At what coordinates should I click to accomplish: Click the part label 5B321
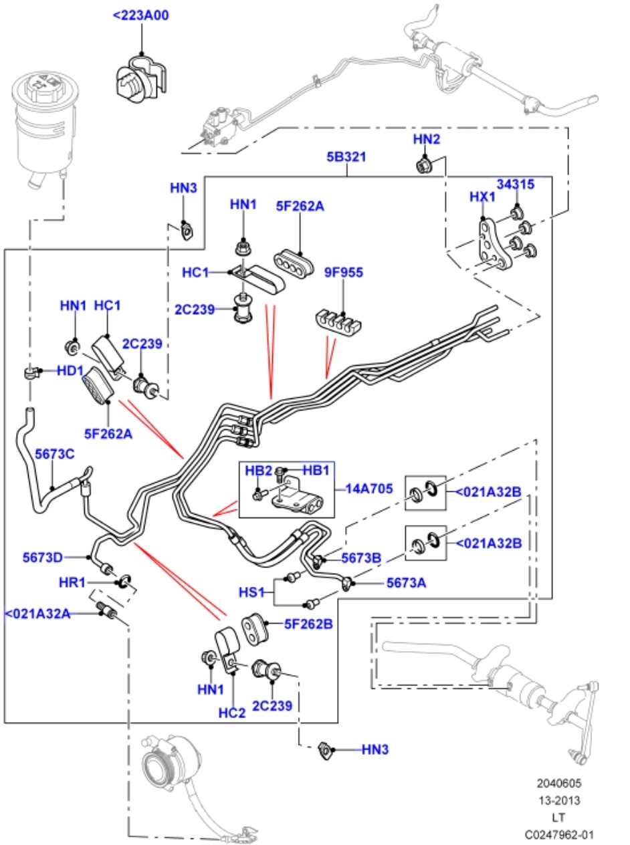click(x=346, y=158)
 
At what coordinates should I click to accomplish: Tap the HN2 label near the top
click(x=427, y=139)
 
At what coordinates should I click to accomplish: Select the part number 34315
click(x=515, y=185)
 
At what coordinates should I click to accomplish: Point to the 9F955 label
click(x=343, y=273)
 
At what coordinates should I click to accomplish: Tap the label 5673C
click(x=54, y=454)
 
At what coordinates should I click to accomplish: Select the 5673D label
click(x=42, y=557)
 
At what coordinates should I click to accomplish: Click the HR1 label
click(x=72, y=582)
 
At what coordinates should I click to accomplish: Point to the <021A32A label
click(x=38, y=613)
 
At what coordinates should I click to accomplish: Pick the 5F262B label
click(x=308, y=624)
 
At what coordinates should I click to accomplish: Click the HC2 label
click(x=232, y=713)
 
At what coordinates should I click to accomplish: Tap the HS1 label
click(x=251, y=592)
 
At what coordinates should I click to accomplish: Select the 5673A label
click(x=406, y=582)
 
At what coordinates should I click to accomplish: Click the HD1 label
click(x=70, y=370)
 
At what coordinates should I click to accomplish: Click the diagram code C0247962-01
click(x=558, y=834)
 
